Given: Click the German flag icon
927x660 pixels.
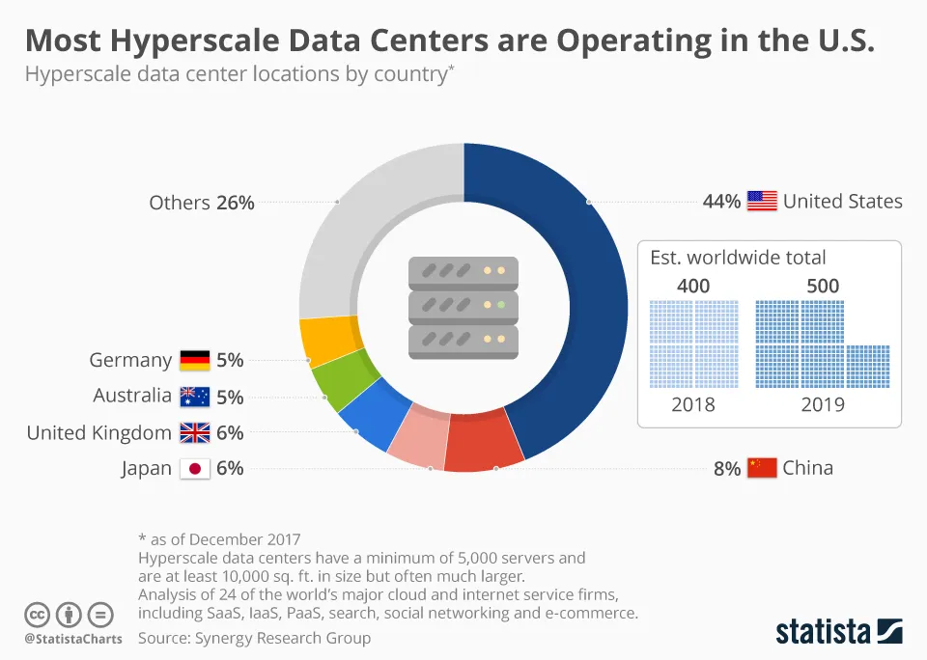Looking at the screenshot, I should [195, 361].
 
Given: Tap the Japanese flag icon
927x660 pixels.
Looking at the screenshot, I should [195, 469].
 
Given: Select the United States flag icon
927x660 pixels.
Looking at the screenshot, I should [762, 202].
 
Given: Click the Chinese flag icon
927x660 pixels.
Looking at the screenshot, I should [762, 469].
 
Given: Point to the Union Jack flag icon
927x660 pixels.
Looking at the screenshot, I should [195, 433].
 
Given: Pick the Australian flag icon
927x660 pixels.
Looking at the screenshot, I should [195, 397].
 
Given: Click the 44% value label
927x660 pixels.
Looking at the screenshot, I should [721, 202].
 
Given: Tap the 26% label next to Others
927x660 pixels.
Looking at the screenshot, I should [235, 203].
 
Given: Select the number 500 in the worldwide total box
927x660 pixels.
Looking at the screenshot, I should [823, 286].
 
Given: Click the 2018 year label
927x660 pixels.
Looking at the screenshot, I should [693, 405].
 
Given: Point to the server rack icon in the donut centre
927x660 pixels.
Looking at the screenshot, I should [463, 308].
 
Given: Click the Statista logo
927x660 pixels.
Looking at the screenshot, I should [839, 633].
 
